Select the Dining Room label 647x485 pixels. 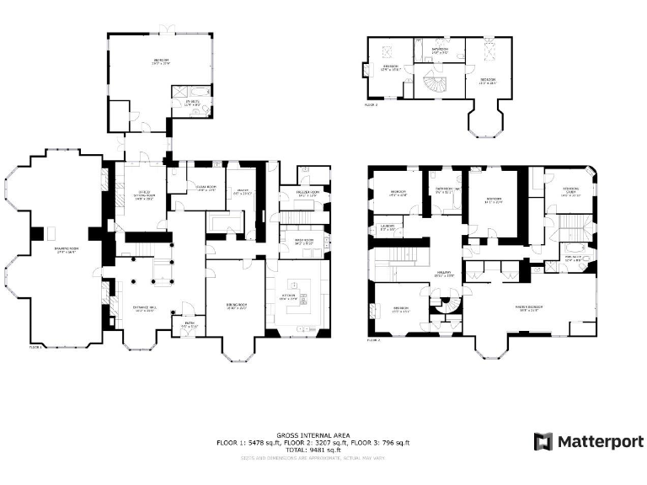click(233, 306)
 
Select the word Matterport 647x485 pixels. click(601, 441)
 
